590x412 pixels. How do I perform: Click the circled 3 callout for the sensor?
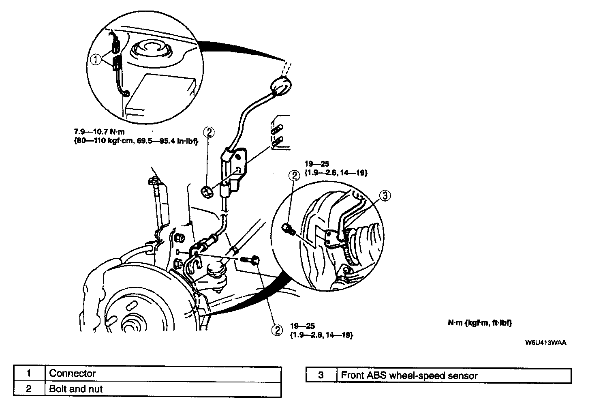click(x=385, y=196)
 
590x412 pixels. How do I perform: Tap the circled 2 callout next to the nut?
click(x=209, y=132)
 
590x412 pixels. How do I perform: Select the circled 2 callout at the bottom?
click(x=277, y=330)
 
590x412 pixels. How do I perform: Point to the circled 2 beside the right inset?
click(x=294, y=175)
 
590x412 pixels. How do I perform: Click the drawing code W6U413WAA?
click(x=545, y=342)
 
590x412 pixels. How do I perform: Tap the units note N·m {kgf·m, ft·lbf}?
click(x=480, y=323)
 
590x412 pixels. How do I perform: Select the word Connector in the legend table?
click(x=72, y=373)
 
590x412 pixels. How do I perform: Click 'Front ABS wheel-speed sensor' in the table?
click(x=409, y=376)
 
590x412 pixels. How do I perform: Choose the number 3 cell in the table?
click(x=321, y=376)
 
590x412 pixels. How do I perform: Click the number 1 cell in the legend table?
click(x=29, y=373)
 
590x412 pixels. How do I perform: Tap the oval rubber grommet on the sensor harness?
click(x=280, y=86)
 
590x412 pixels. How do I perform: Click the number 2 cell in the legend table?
click(x=29, y=389)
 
